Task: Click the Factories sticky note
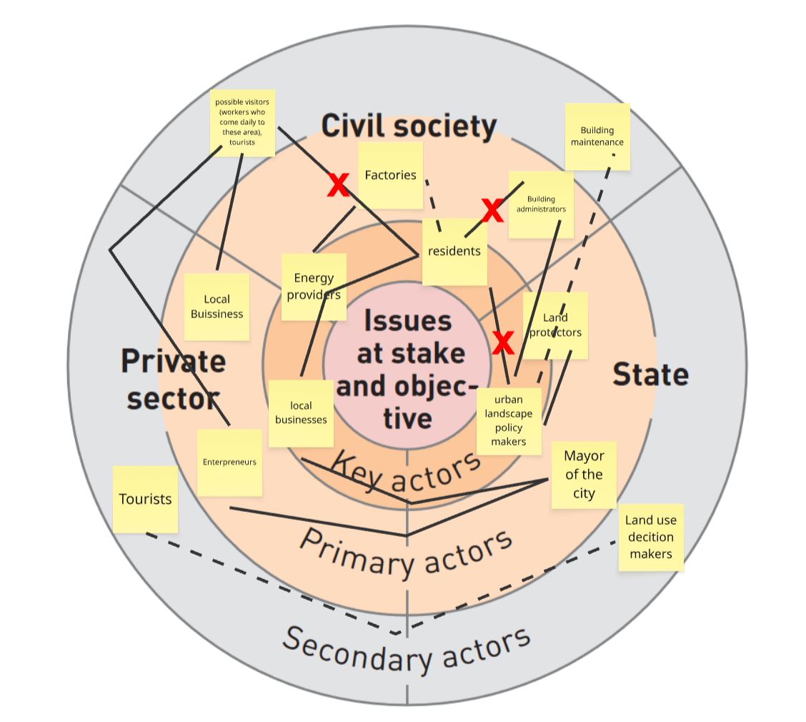(391, 175)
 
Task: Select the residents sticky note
(454, 252)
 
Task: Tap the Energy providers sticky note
(314, 287)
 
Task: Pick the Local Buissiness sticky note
(217, 307)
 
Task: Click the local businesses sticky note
(302, 413)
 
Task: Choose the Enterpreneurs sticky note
(230, 463)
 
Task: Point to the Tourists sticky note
(146, 500)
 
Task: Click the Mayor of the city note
(584, 475)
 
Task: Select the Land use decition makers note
(651, 538)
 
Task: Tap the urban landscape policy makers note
(509, 421)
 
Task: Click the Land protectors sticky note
(555, 325)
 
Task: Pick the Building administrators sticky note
(542, 204)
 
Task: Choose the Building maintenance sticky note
(597, 137)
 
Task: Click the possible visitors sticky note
(243, 123)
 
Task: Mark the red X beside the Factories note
(338, 185)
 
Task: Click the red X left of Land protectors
(503, 342)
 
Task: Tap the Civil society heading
(409, 126)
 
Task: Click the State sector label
(651, 374)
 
